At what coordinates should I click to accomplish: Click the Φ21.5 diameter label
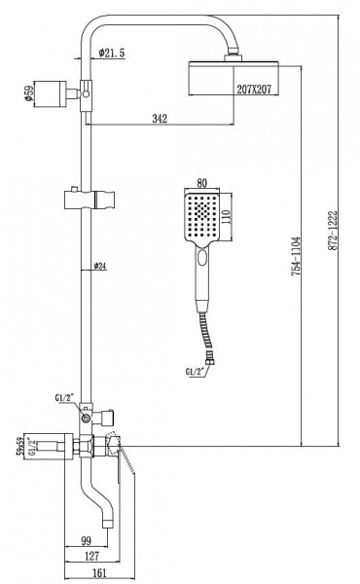pos(112,54)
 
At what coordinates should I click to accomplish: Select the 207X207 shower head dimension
pos(254,89)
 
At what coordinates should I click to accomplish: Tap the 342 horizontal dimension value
pos(160,119)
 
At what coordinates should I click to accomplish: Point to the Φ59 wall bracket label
pos(29,93)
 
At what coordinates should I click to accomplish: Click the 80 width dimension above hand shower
pos(201,183)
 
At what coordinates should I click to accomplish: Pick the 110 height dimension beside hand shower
pos(227,215)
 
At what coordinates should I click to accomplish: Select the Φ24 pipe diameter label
pos(100,266)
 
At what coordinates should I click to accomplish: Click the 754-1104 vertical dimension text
pos(296,256)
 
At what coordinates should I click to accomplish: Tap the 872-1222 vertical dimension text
pos(333,231)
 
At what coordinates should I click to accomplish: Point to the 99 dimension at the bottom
pos(86,540)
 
